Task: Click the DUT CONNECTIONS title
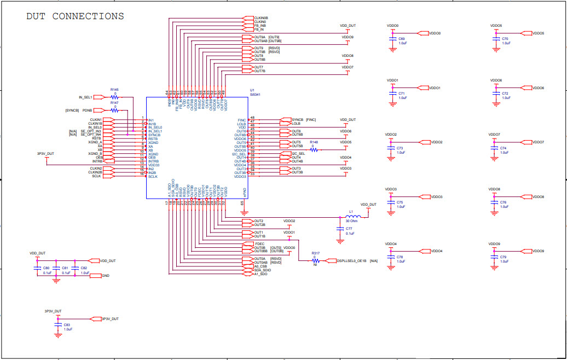point(75,16)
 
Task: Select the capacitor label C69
point(402,39)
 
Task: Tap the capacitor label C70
point(505,39)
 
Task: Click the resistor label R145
point(114,89)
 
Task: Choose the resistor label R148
point(314,142)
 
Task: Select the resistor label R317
point(315,253)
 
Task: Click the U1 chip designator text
point(252,90)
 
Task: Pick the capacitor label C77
point(349,228)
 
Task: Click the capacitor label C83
point(67,325)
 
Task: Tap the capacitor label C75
point(400,202)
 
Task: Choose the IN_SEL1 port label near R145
point(85,97)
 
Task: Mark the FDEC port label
point(259,243)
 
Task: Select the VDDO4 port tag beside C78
point(436,251)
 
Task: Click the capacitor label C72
point(505,94)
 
